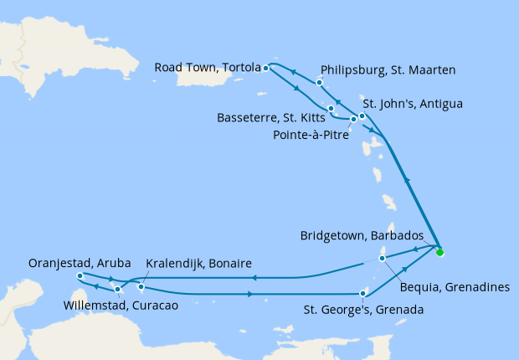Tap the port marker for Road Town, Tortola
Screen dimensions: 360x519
point(265,68)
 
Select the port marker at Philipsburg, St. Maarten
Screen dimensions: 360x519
point(320,83)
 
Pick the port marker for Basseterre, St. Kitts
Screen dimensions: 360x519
point(331,109)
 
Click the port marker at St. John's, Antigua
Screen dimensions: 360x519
point(362,116)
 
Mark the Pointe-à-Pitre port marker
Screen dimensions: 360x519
point(353,120)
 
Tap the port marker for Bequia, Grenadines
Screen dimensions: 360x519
point(382,258)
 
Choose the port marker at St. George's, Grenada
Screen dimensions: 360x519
point(362,293)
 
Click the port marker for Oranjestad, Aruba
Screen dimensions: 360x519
point(80,275)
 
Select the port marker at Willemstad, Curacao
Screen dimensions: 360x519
point(118,290)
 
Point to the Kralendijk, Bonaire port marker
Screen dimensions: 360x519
point(141,287)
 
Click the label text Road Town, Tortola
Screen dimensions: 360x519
point(206,68)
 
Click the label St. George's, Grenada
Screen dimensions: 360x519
point(362,310)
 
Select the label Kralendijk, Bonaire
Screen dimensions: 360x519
point(199,264)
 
